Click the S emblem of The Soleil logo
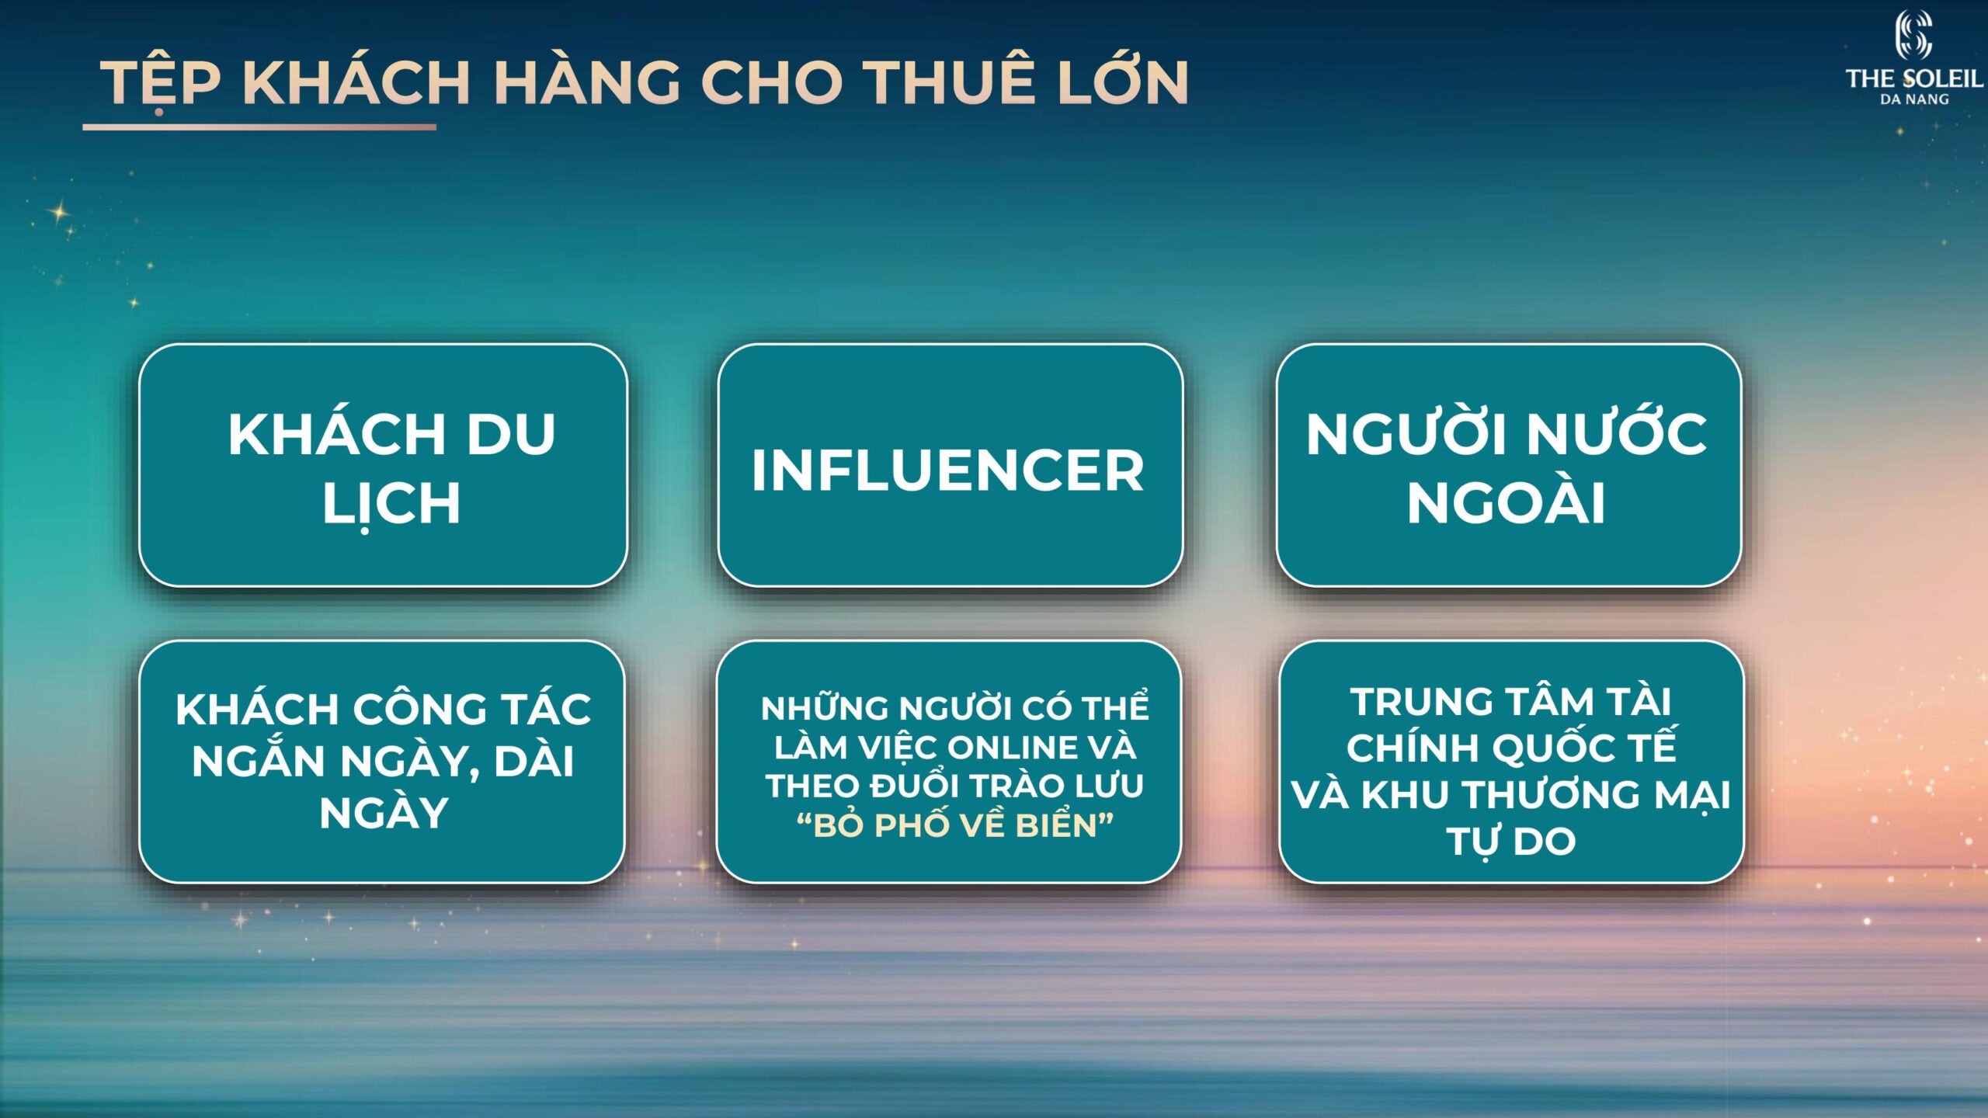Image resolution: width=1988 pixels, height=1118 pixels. tap(1913, 35)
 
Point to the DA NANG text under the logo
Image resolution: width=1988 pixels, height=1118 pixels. tap(1914, 99)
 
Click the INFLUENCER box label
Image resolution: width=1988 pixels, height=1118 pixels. tap(947, 470)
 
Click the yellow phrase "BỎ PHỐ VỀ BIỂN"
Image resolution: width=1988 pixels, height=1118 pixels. tap(954, 825)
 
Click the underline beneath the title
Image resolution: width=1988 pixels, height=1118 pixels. tap(259, 127)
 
